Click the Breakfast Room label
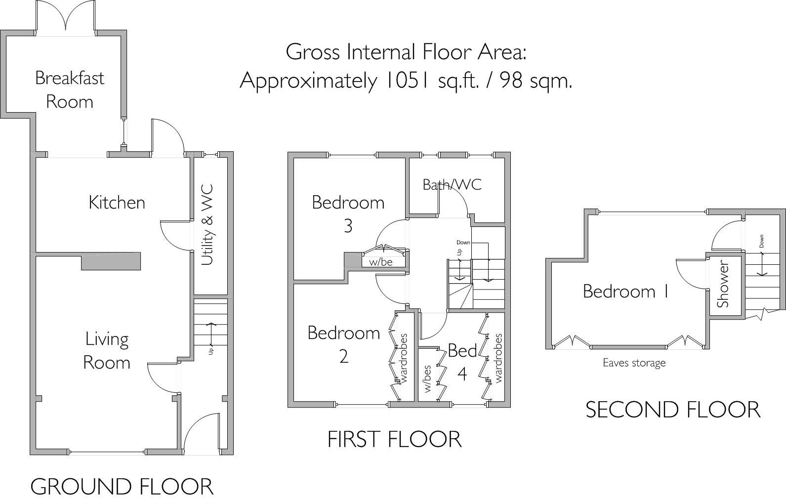[69, 89]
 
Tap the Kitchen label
[117, 202]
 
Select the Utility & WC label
[207, 225]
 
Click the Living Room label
[107, 350]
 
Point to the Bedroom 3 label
[348, 213]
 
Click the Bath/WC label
[452, 184]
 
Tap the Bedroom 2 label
[343, 344]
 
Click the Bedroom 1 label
[625, 291]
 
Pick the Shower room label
[723, 286]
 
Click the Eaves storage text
[634, 363]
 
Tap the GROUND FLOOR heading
[122, 486]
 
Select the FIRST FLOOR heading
[394, 439]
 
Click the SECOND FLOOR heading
[672, 410]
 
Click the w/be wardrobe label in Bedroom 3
[380, 262]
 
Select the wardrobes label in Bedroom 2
[404, 359]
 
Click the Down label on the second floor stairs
[761, 241]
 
